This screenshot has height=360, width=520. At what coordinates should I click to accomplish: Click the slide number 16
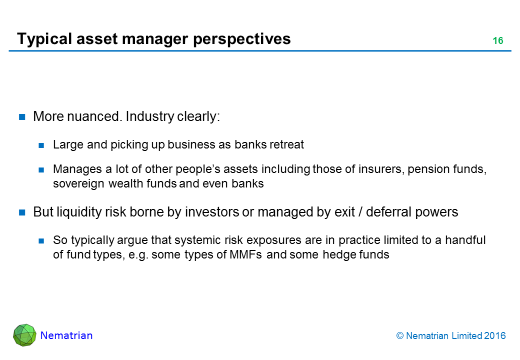point(498,41)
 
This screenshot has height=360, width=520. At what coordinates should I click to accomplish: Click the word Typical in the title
point(44,39)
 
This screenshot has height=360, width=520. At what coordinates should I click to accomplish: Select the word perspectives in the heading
point(242,39)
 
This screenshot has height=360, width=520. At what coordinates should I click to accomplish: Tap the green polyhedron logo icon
point(25,335)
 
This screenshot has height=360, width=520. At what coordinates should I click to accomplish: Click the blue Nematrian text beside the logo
point(66,335)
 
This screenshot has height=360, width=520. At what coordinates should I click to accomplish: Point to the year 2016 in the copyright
point(494,336)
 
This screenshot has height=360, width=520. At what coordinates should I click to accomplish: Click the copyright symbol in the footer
point(400,336)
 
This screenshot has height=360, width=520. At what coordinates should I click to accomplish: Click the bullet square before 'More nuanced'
point(22,116)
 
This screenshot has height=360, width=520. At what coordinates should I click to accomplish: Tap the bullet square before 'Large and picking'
point(41,145)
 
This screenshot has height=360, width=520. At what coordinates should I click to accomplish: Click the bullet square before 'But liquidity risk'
point(22,212)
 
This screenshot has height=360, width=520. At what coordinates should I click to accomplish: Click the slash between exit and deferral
point(360,212)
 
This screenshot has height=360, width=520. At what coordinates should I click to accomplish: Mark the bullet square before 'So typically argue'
point(41,240)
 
